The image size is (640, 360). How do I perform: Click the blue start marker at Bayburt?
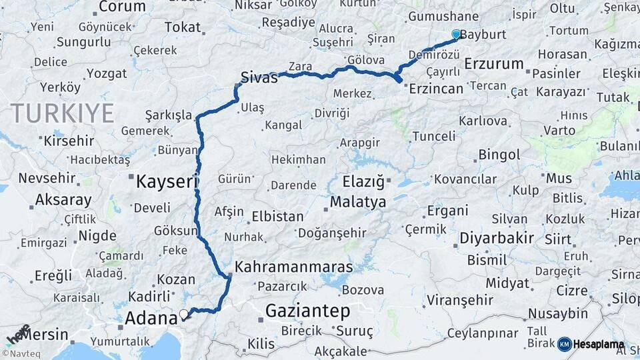[x=456, y=34]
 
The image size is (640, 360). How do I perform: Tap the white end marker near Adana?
[x=184, y=313]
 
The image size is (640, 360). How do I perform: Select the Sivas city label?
[x=259, y=77]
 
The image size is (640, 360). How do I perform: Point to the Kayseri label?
[x=167, y=181]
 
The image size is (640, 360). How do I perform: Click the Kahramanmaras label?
[x=293, y=267]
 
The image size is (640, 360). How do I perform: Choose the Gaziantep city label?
[x=307, y=311]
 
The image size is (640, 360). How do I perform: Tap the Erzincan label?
[x=437, y=87]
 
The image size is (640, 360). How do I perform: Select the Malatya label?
[x=358, y=201]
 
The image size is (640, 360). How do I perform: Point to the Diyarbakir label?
[x=497, y=238]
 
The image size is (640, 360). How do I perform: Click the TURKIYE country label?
[x=61, y=113]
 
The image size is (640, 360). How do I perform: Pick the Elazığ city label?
[x=355, y=181]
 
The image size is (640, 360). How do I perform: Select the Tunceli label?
[x=434, y=136]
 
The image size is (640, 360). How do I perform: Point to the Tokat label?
[x=182, y=27]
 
